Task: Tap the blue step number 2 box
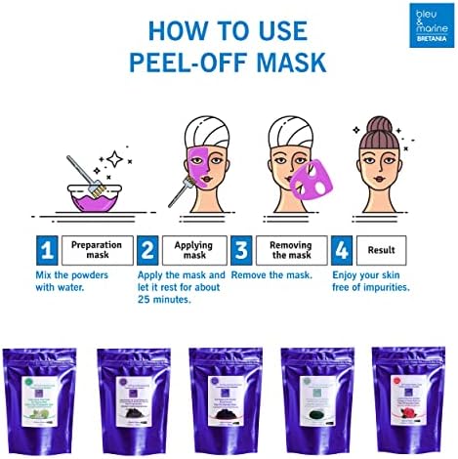click(147, 251)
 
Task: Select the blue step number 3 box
click(240, 251)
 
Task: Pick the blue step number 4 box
click(342, 251)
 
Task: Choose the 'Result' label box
click(382, 251)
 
